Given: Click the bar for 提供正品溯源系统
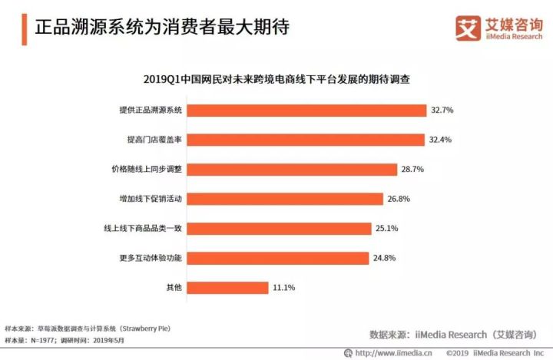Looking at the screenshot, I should coord(306,111).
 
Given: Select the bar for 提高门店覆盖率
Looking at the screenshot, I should coord(306,140).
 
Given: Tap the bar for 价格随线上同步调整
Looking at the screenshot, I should coord(292,169).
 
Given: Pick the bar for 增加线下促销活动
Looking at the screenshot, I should coord(285,199).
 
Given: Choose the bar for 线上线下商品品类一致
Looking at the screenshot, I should coord(279,228).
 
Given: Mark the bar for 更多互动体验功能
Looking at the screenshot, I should coord(277,258).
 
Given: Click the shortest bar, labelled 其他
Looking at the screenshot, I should coord(227,287).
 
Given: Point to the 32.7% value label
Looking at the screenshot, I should coord(442,111).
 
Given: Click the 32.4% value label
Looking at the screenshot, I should coord(441,140).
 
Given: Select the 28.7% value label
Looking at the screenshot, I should coord(412,169).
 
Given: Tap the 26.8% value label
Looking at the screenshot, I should coord(399,199).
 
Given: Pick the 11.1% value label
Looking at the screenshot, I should coord(283,287).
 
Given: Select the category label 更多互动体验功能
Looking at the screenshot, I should coord(147,258).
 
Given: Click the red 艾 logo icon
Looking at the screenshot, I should coord(466,28).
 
